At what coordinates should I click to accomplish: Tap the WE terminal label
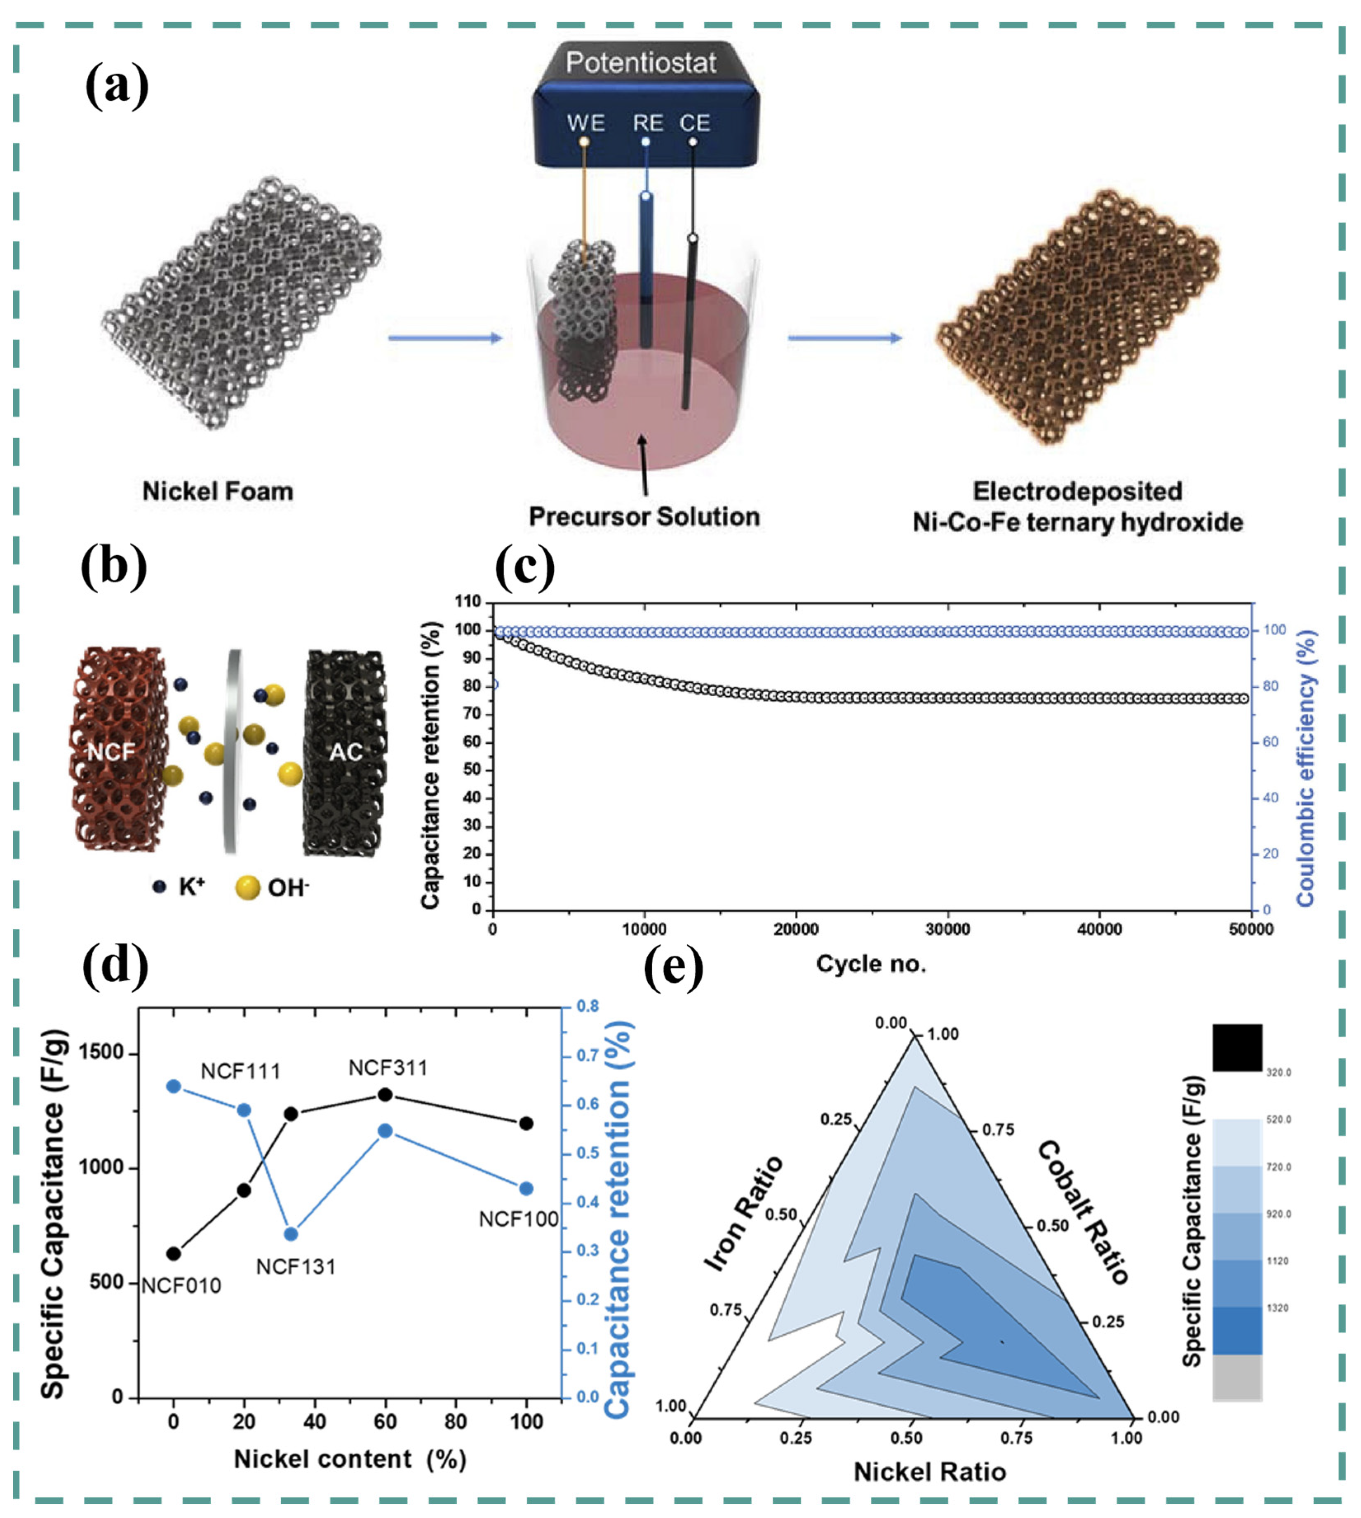[x=585, y=122]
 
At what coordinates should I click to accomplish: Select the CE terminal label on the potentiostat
[x=695, y=122]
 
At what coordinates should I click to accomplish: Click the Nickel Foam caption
[x=218, y=491]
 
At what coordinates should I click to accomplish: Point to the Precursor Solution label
[x=644, y=516]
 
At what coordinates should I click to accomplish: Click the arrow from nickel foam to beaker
[x=445, y=338]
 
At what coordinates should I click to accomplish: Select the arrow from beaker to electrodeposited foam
[x=845, y=338]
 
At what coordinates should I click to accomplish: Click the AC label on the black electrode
[x=346, y=752]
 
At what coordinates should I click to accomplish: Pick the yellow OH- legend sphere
[x=247, y=888]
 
